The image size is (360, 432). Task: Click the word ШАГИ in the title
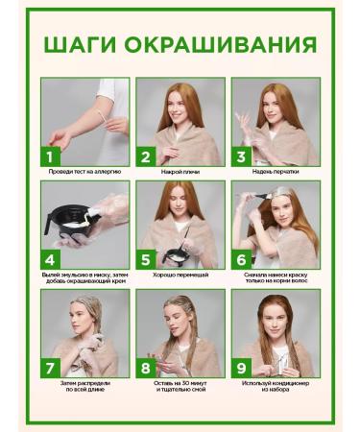click(80, 44)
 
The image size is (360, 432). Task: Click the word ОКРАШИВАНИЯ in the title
click(221, 44)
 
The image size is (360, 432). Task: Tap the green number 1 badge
click(50, 156)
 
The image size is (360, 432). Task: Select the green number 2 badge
click(146, 156)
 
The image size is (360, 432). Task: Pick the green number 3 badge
click(241, 156)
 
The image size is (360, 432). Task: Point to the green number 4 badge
click(50, 259)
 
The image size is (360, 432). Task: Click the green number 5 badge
click(146, 259)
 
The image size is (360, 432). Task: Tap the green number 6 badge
click(241, 259)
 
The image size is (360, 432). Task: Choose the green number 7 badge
click(50, 368)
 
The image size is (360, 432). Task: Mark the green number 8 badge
click(146, 368)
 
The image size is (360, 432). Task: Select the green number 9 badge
click(241, 368)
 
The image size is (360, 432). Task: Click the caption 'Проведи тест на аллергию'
click(84, 172)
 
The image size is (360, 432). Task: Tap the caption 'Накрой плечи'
click(180, 172)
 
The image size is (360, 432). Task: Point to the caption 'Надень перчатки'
click(276, 172)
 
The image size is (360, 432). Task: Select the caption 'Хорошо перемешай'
click(180, 275)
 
